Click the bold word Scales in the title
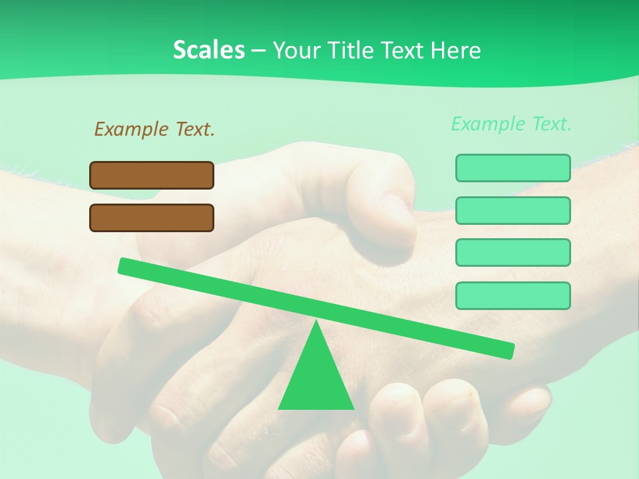[x=208, y=50]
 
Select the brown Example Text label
[x=154, y=129]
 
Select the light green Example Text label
[x=511, y=124]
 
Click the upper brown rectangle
[x=152, y=175]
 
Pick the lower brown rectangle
[x=152, y=218]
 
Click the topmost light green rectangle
[x=513, y=168]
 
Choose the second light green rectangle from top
[x=513, y=210]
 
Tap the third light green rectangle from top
[x=513, y=253]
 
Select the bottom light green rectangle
[x=513, y=295]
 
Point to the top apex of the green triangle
[x=316, y=323]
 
